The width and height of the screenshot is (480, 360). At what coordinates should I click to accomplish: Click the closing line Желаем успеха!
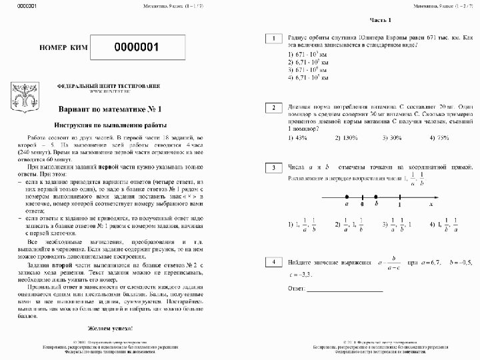click(110, 329)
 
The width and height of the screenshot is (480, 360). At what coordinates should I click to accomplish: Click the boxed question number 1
click(273, 39)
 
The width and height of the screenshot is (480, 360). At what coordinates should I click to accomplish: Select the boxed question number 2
click(273, 107)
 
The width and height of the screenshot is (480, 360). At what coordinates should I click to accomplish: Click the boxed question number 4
click(273, 263)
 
